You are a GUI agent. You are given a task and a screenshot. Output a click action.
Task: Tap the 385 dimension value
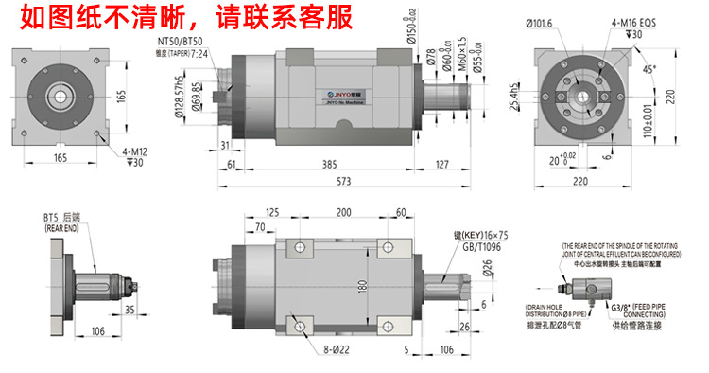click(329, 163)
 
